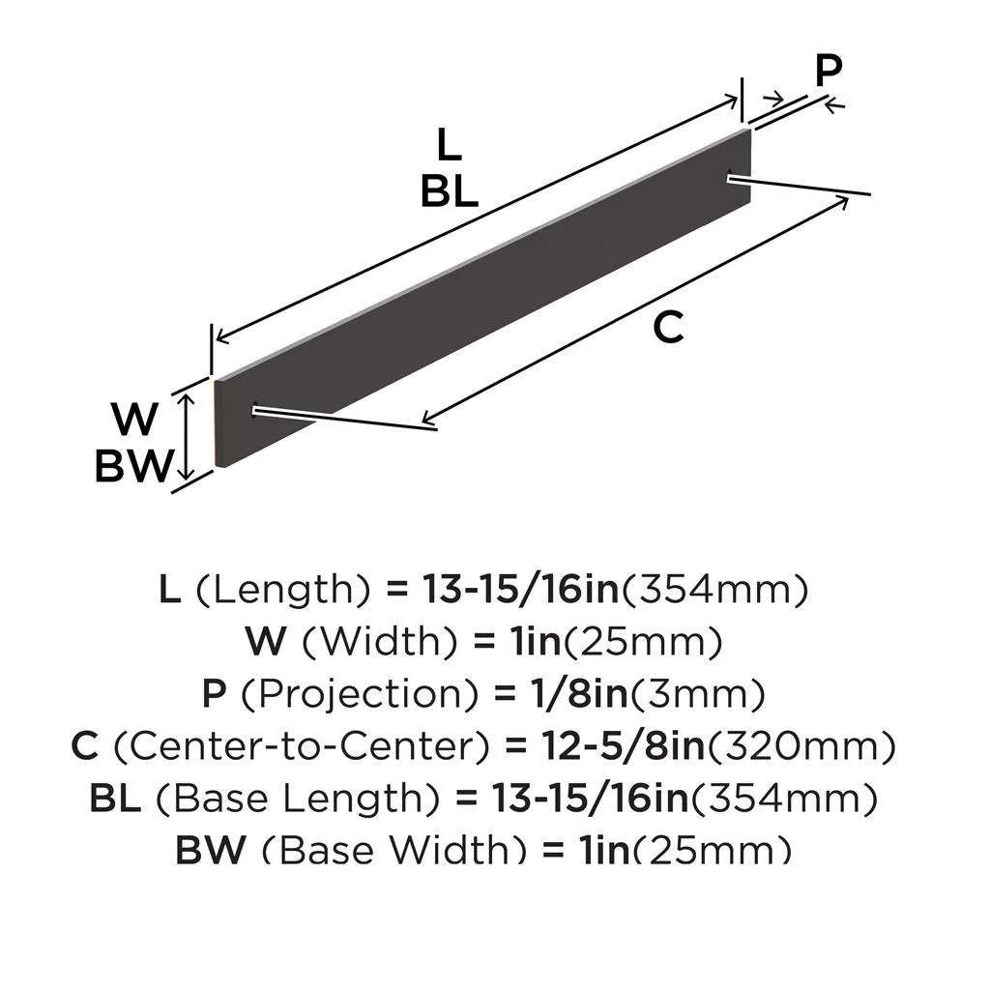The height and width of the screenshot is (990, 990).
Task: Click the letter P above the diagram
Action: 828,72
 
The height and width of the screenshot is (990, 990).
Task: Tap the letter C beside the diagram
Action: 668,329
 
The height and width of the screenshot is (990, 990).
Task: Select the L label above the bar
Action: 449,146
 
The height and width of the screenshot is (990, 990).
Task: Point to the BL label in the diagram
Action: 449,193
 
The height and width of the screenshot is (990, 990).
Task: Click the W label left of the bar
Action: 134,421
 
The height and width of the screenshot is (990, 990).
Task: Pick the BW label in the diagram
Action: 134,468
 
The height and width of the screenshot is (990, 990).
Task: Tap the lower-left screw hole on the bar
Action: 253,410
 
